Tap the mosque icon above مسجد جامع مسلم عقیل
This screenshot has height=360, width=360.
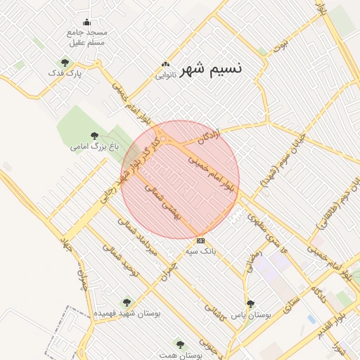pyautogui.click(x=86, y=22)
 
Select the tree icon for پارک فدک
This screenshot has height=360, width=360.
pyautogui.click(x=65, y=63)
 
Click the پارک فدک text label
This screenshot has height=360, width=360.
pyautogui.click(x=65, y=72)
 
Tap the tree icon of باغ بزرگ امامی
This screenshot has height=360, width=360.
pyautogui.click(x=94, y=136)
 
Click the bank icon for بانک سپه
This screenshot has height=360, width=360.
pyautogui.click(x=201, y=240)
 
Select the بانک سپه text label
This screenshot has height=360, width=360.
pyautogui.click(x=199, y=250)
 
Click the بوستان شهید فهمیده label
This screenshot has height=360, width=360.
pyautogui.click(x=127, y=313)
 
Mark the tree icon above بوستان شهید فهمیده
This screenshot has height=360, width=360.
pyautogui.click(x=127, y=302)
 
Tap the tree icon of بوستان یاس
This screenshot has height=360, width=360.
pyautogui.click(x=250, y=304)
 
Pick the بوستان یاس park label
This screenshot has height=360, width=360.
pyautogui.click(x=252, y=314)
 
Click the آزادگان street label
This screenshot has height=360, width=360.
pyautogui.click(x=209, y=139)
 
